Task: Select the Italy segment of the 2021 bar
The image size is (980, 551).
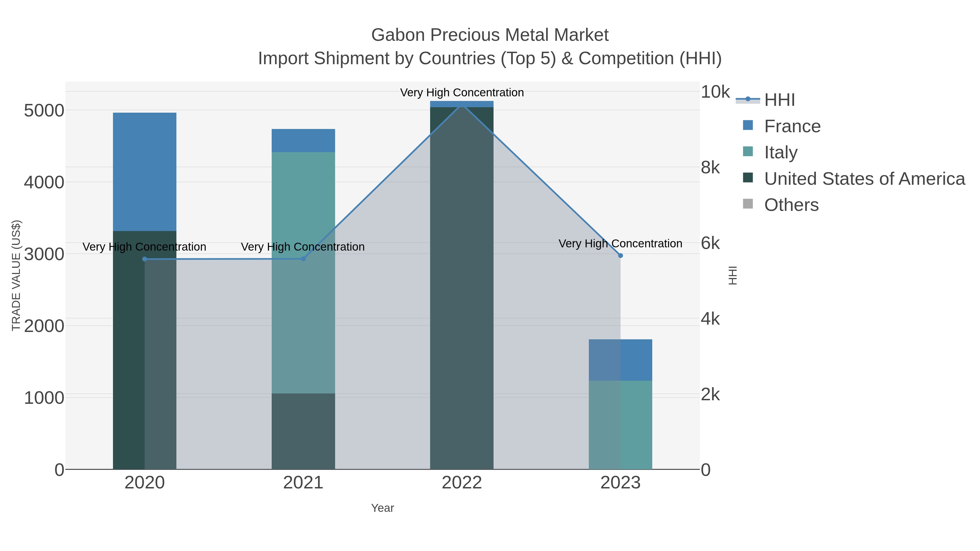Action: pos(303,272)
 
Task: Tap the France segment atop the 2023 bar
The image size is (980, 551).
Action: pos(620,360)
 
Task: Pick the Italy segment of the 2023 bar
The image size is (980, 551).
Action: pos(620,425)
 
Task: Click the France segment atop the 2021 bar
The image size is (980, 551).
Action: pos(303,140)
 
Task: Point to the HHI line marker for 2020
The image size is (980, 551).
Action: pos(145,259)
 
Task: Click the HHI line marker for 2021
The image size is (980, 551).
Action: pos(303,258)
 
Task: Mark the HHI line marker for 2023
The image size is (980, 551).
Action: pos(620,256)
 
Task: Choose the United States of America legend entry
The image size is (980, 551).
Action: pos(864,179)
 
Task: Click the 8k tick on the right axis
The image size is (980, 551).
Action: pos(710,168)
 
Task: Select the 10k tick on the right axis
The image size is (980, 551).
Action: pos(715,92)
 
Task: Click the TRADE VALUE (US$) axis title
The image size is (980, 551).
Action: pos(16,275)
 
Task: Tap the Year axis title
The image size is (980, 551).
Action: pos(382,508)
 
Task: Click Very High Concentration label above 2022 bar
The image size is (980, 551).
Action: pos(462,93)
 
